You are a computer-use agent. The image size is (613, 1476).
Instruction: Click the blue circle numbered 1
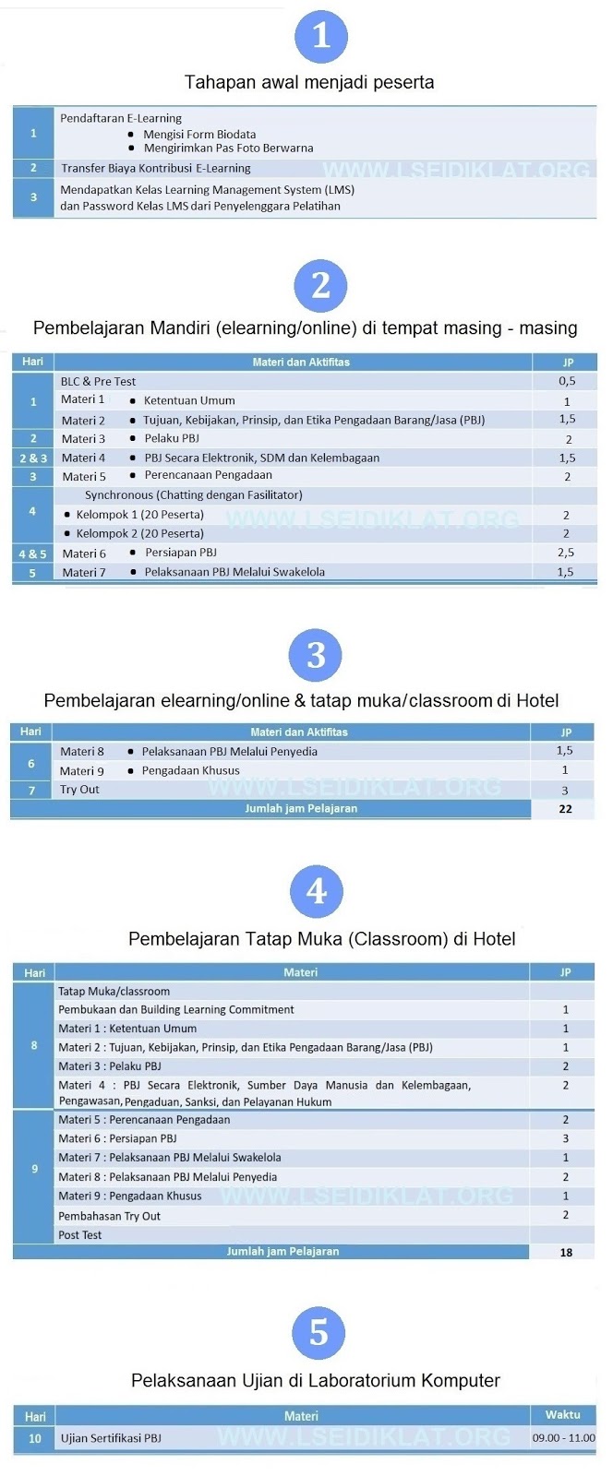[x=320, y=36]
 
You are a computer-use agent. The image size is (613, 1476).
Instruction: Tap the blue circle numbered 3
[x=316, y=655]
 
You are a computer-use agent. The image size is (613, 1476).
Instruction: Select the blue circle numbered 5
[x=319, y=1332]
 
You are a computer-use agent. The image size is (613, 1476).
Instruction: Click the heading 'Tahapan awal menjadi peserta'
[x=309, y=82]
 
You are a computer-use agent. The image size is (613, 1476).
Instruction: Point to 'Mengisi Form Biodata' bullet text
[x=199, y=134]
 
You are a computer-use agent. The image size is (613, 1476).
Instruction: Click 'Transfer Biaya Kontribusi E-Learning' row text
[x=156, y=168]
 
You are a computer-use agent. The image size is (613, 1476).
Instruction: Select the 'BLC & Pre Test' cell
[x=98, y=381]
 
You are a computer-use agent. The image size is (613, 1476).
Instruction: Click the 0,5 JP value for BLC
[x=566, y=381]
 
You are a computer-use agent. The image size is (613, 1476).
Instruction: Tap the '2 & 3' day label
[x=33, y=458]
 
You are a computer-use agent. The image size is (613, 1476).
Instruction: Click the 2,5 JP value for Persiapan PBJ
[x=566, y=553]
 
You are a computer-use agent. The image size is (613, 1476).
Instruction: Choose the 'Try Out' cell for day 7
[x=79, y=790]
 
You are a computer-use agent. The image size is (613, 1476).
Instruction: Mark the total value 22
[x=565, y=809]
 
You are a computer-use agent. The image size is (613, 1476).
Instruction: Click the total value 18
[x=566, y=1252]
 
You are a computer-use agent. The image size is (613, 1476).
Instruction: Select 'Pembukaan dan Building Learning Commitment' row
[x=176, y=1009]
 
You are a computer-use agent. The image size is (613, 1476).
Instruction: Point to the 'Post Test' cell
[x=80, y=1234]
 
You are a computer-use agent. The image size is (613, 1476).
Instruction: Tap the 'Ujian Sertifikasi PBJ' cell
[x=111, y=1437]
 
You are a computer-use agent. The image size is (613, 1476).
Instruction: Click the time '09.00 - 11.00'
[x=563, y=1437]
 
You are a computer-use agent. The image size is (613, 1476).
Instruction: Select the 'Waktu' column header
[x=562, y=1415]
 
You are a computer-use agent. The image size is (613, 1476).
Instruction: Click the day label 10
[x=35, y=1437]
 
